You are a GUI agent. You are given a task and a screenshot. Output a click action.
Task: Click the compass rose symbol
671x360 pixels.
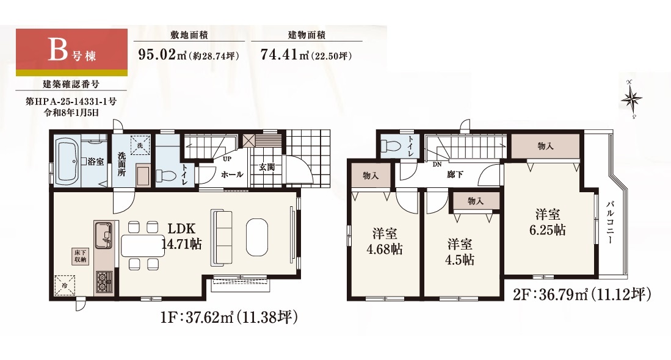point(631,99)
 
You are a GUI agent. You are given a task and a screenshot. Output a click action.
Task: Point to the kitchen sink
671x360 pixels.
point(103,235)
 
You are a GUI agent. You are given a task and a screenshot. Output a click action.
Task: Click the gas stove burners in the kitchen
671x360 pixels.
point(104,282)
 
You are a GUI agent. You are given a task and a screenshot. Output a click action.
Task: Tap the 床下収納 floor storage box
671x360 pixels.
point(80,256)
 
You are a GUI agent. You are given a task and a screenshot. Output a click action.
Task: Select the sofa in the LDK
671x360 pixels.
point(222,237)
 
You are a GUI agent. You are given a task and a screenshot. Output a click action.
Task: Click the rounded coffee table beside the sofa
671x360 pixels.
point(257,237)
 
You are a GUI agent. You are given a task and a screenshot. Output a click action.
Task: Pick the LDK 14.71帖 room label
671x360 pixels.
point(181,236)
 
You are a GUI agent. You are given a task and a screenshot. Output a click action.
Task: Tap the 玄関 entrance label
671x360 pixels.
point(267,167)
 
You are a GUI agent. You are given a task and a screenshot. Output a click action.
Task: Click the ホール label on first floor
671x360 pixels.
point(232,175)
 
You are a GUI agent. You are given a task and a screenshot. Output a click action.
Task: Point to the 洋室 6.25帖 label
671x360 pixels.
point(548,222)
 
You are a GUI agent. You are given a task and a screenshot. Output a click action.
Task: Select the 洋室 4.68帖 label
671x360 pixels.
point(384,242)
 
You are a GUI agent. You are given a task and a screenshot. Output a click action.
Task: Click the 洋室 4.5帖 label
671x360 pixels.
point(460,252)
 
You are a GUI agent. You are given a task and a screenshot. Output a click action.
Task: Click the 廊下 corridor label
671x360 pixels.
point(454,175)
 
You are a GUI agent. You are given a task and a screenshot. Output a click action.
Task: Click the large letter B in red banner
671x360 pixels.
point(58,49)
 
